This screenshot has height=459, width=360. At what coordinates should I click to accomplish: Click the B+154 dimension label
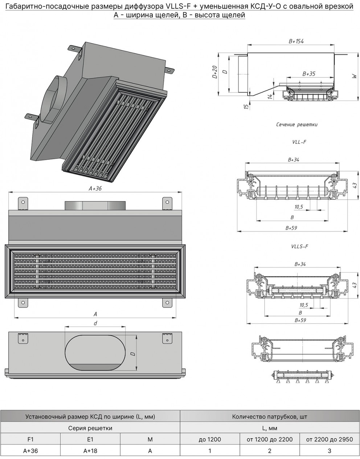click(x=296, y=42)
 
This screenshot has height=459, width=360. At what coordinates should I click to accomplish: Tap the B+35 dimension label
click(x=309, y=74)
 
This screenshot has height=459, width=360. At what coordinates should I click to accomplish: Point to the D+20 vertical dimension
click(x=215, y=72)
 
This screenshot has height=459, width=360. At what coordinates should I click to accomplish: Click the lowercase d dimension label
click(x=95, y=323)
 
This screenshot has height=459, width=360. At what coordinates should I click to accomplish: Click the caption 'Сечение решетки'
click(x=296, y=125)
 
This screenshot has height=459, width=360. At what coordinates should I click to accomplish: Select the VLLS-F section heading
click(x=299, y=247)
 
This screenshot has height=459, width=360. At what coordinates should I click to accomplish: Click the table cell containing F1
click(x=30, y=439)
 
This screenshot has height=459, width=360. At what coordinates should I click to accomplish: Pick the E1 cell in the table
click(x=90, y=439)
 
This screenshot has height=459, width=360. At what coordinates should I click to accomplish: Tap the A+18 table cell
click(x=90, y=451)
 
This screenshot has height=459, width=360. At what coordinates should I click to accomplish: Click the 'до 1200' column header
click(x=210, y=439)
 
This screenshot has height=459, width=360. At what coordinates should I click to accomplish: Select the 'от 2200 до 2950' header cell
click(x=329, y=439)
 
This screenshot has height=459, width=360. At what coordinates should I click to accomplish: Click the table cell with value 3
click(x=329, y=451)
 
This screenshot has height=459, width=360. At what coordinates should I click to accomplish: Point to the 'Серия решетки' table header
click(x=90, y=428)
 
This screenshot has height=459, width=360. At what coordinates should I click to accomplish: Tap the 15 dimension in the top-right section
click(x=246, y=106)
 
